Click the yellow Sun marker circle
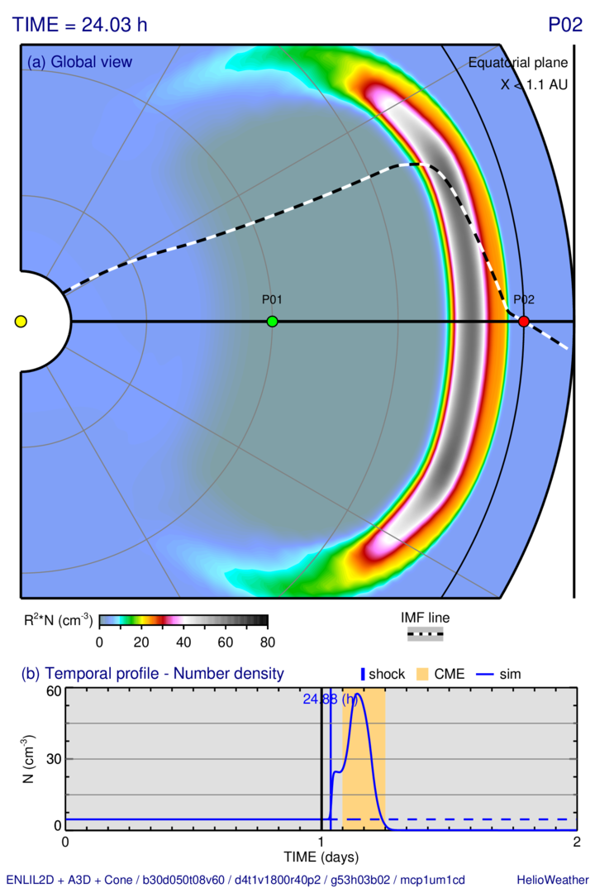point(21,321)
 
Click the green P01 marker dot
point(273,321)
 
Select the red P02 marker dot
point(523,321)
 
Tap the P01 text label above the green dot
point(273,300)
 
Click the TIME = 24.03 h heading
point(79,25)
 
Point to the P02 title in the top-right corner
point(565,25)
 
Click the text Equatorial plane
point(517,63)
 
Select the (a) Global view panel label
point(79,62)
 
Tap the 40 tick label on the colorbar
point(183,642)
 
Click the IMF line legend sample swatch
point(426,633)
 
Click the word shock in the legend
point(387,674)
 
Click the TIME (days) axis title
point(321,857)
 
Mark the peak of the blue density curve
point(357,695)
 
